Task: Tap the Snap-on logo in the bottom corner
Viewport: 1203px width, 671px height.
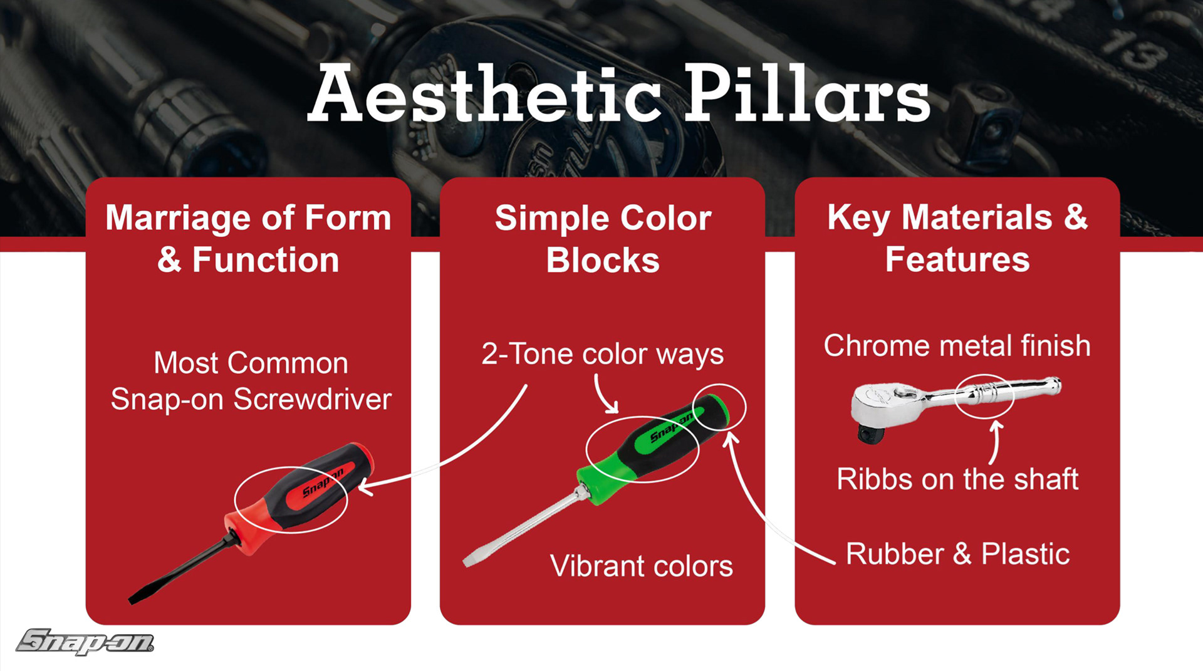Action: pyautogui.click(x=85, y=642)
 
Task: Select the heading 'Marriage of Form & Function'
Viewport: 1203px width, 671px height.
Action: pyautogui.click(x=248, y=239)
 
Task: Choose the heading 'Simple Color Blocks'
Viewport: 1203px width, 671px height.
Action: pyautogui.click(x=603, y=239)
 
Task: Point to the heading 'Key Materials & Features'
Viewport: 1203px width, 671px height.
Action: pyautogui.click(x=957, y=238)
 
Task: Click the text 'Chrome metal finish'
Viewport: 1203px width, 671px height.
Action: pyautogui.click(x=957, y=346)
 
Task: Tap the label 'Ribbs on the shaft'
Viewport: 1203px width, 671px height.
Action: pyautogui.click(x=957, y=479)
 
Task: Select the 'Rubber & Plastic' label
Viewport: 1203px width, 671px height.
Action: pyautogui.click(x=957, y=554)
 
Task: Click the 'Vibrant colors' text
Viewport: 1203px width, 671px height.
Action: pyautogui.click(x=642, y=566)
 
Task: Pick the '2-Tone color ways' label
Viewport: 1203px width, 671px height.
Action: pyautogui.click(x=602, y=355)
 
